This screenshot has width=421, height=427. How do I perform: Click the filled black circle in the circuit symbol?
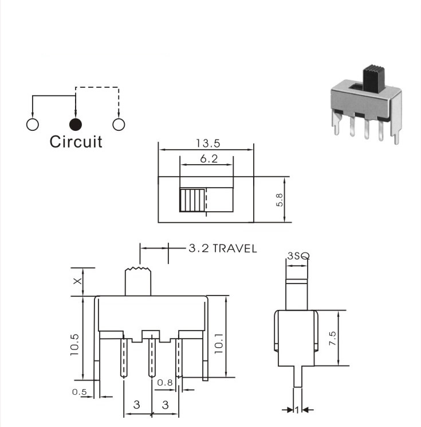click(x=75, y=125)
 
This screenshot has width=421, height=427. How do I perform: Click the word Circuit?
click(x=76, y=142)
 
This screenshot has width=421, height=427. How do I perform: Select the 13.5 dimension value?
click(x=208, y=143)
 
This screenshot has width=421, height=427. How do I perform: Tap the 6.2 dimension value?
click(x=208, y=158)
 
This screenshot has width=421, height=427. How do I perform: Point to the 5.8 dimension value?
click(x=280, y=200)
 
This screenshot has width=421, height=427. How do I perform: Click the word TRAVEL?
click(x=234, y=249)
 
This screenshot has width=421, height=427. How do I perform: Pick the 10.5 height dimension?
click(x=74, y=344)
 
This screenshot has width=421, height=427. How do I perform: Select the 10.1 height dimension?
click(x=219, y=343)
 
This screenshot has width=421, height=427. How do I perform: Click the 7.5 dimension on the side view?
click(x=332, y=338)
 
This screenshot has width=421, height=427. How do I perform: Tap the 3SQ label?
click(x=298, y=256)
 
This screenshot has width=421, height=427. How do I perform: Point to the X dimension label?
click(x=77, y=281)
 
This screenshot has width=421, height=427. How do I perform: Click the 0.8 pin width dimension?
click(x=165, y=383)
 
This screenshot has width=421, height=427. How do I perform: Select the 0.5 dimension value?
click(x=80, y=392)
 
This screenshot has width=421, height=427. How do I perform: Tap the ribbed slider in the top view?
click(x=192, y=200)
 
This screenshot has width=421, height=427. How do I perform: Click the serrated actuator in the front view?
click(x=138, y=282)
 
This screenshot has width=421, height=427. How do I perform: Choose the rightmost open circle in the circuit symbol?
click(x=119, y=125)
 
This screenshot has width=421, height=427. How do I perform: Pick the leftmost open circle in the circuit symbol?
click(x=32, y=125)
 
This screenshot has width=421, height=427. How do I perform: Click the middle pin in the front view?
click(x=152, y=357)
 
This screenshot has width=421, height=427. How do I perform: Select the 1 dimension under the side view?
click(x=297, y=410)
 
